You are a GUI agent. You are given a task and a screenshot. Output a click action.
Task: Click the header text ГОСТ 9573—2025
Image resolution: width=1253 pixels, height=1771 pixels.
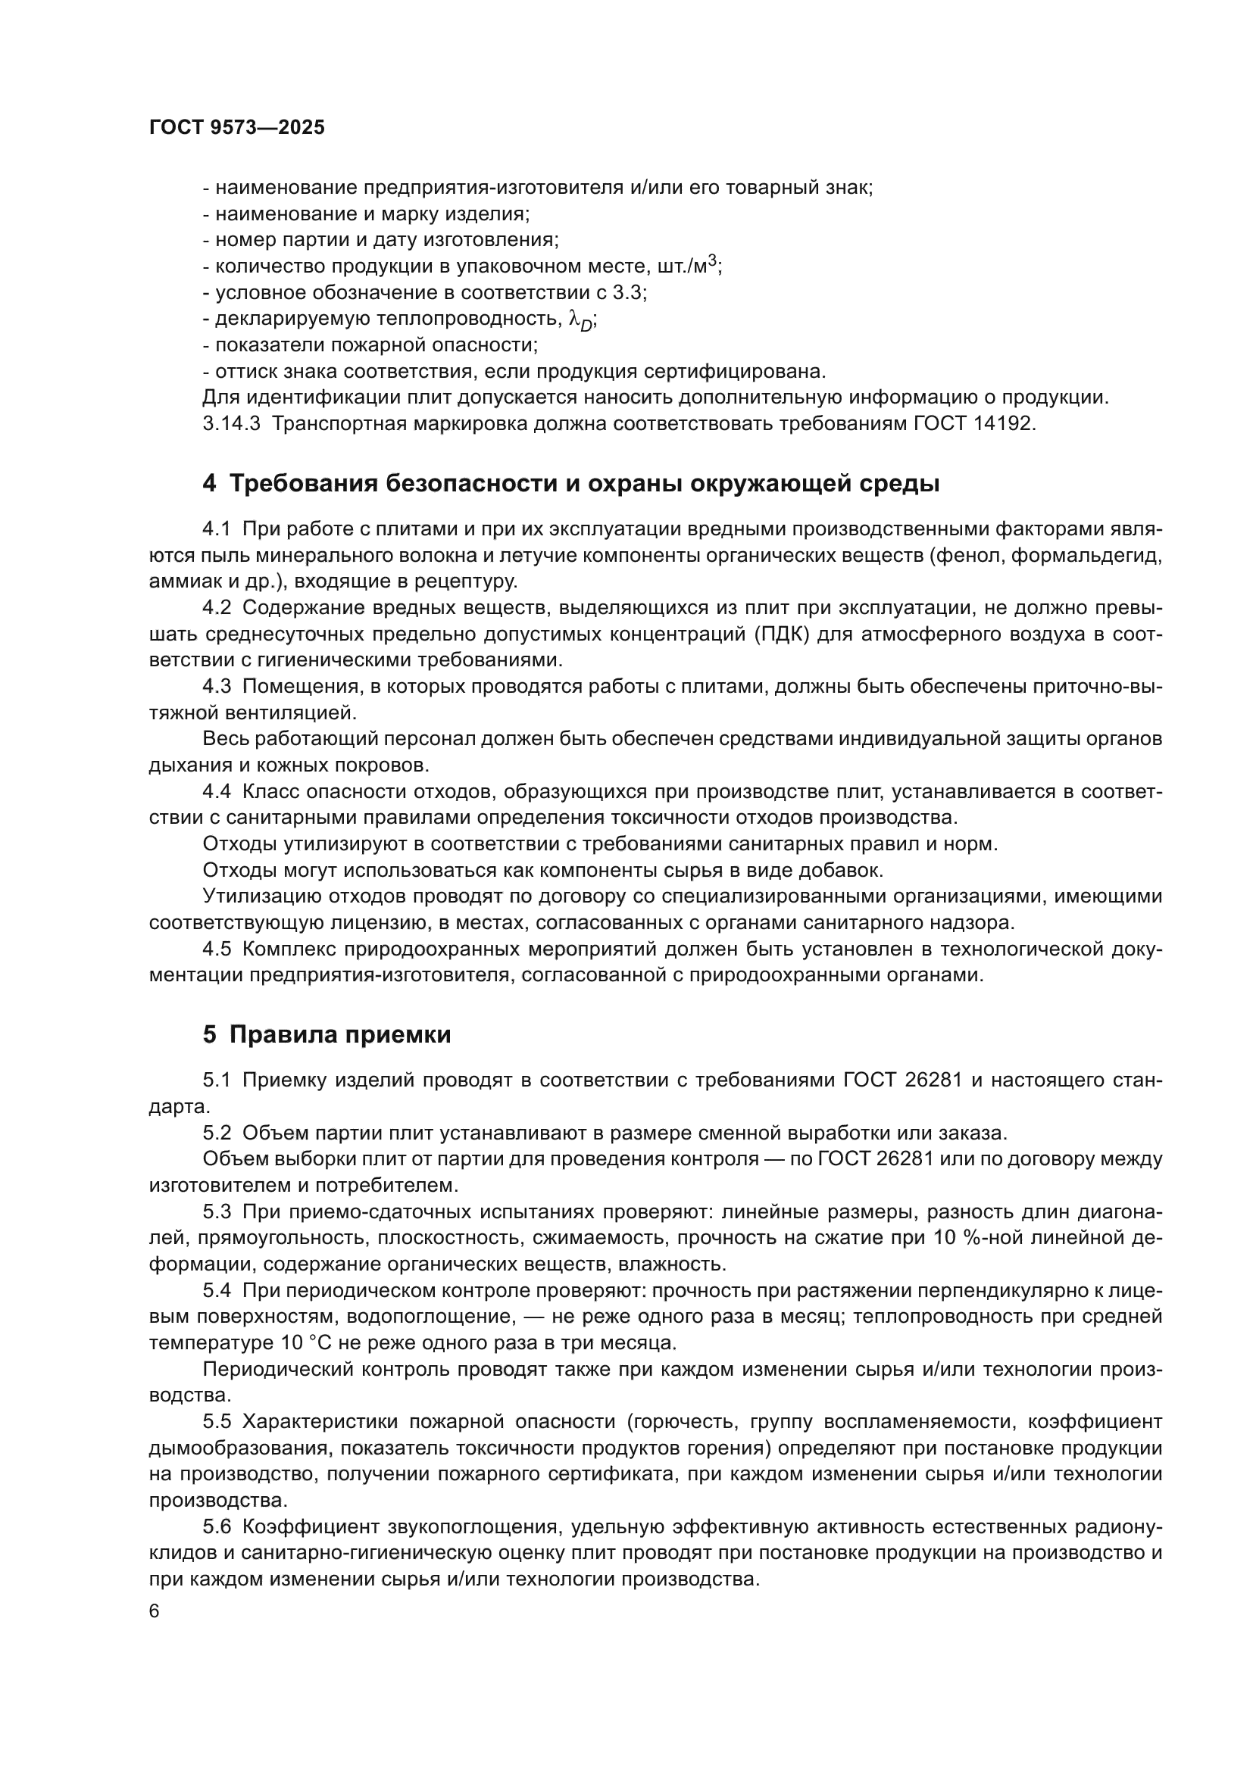(x=237, y=128)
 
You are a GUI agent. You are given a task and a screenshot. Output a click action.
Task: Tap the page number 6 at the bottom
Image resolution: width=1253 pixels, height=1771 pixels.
(x=155, y=1611)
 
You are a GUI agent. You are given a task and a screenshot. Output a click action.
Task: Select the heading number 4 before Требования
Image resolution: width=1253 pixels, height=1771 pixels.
(x=209, y=485)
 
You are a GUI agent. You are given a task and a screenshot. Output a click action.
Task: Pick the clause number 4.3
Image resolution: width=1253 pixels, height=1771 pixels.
(x=217, y=687)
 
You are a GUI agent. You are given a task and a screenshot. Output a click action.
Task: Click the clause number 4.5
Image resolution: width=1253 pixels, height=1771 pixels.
(x=217, y=949)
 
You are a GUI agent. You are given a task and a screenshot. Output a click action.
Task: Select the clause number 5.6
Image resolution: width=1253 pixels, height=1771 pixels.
(x=217, y=1526)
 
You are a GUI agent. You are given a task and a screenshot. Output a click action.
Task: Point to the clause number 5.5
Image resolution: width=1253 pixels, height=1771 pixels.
(x=217, y=1422)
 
